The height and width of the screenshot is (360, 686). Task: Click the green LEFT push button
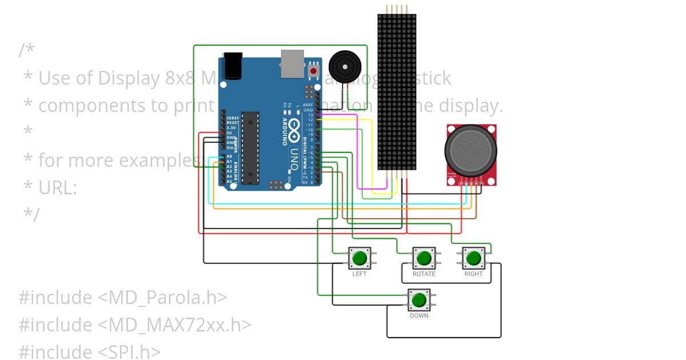pos(360,258)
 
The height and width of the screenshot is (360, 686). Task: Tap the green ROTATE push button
pos(424,258)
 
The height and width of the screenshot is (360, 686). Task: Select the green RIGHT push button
pos(473,258)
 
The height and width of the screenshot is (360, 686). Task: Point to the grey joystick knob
pos(470,150)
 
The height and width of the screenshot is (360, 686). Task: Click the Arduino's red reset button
pos(313,71)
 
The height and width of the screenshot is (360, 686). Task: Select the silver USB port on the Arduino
pos(292,63)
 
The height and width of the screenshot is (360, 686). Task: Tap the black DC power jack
pos(232,66)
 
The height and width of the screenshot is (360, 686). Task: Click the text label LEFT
pos(360,274)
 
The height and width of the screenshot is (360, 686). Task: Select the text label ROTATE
pos(424,274)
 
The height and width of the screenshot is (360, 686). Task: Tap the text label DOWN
pos(419,316)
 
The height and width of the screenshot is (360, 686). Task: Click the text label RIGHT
pos(473,274)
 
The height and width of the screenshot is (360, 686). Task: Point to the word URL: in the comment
pos(58,187)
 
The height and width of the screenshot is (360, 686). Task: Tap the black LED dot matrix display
pos(397,91)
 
